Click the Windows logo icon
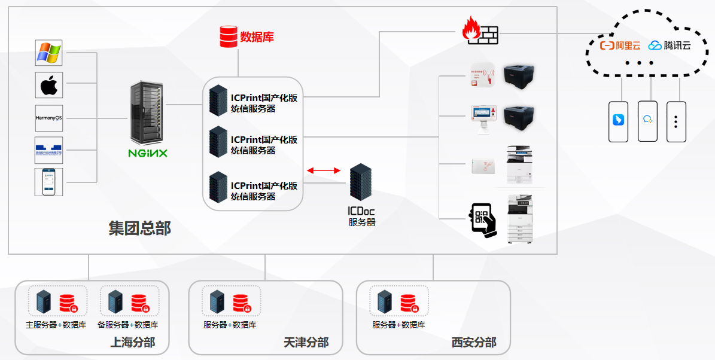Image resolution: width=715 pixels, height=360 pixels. (49, 53)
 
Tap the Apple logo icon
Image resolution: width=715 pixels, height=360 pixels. (49, 86)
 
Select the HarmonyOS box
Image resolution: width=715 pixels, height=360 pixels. (49, 118)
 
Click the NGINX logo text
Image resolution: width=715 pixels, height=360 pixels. (148, 153)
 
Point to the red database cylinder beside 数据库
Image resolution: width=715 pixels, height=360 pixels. (228, 36)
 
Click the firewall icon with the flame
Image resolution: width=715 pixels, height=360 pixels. (480, 31)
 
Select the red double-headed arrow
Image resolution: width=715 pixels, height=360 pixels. (323, 171)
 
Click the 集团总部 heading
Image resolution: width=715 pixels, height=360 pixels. (139, 228)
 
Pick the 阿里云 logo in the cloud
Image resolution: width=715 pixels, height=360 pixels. (620, 45)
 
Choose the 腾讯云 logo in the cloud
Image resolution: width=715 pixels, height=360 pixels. (670, 45)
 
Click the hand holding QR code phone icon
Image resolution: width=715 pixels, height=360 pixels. (482, 221)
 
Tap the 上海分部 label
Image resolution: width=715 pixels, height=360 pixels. (133, 343)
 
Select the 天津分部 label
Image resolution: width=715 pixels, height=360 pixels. (306, 343)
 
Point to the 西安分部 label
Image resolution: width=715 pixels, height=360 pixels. (474, 343)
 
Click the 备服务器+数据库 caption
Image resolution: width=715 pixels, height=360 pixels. (128, 325)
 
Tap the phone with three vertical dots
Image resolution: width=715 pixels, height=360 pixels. (676, 121)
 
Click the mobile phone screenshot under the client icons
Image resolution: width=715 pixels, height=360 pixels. (49, 182)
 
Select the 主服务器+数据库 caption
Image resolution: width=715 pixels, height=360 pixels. (56, 325)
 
